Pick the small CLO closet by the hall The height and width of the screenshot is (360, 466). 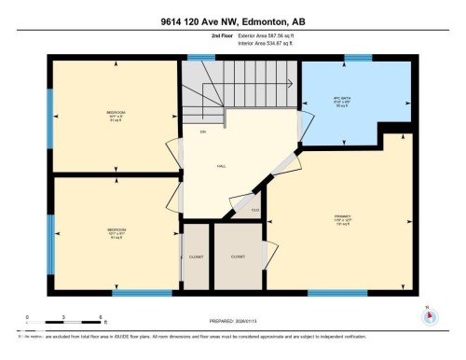255,210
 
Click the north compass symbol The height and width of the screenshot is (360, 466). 430,315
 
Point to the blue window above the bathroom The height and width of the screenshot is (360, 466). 358,58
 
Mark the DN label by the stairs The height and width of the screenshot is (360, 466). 203,132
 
